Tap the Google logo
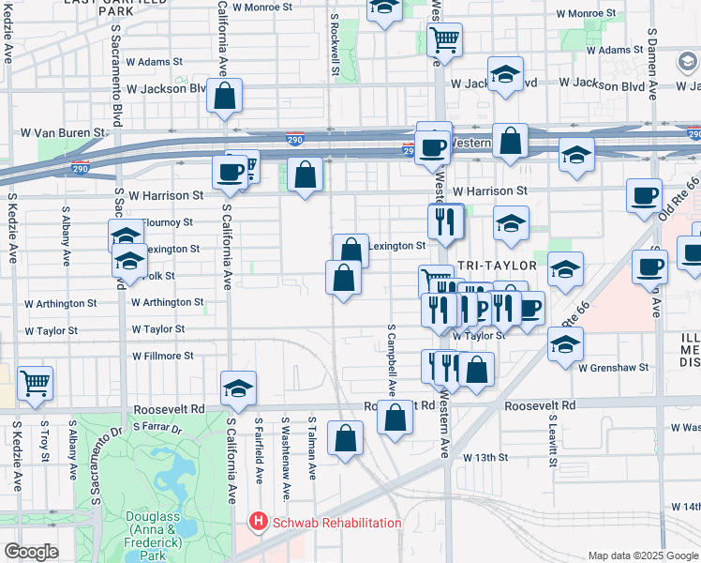click(x=31, y=552)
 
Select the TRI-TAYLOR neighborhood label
click(x=481, y=266)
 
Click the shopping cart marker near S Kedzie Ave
click(x=35, y=383)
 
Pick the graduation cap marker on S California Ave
click(x=238, y=388)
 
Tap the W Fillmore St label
click(x=162, y=357)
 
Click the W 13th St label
click(x=485, y=458)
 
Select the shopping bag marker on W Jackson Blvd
click(x=225, y=97)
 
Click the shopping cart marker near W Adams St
click(x=443, y=40)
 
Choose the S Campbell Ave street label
click(x=391, y=359)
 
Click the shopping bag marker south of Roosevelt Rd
click(x=346, y=438)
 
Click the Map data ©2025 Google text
click(x=644, y=555)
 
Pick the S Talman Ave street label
click(x=311, y=447)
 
